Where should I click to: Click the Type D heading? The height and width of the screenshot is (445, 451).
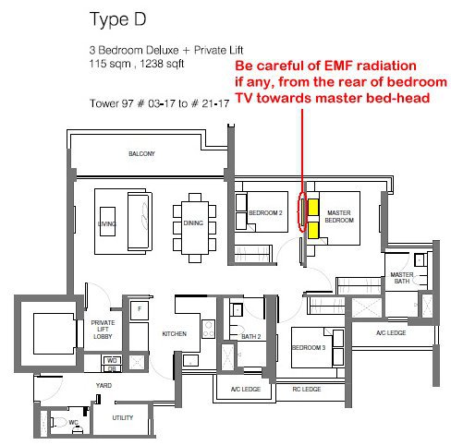point(117,19)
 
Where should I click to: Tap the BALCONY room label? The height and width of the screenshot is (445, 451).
point(141,153)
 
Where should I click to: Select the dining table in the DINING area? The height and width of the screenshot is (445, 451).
point(194,228)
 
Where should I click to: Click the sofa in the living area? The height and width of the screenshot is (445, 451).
point(140,222)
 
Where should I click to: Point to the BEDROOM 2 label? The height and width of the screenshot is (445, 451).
point(265,212)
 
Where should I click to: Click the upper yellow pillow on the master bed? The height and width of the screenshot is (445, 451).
point(313,207)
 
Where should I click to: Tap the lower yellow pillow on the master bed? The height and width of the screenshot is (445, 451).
point(313,230)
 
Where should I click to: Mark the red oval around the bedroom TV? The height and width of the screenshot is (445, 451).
point(302,211)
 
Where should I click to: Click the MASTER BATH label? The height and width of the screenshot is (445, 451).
point(402,278)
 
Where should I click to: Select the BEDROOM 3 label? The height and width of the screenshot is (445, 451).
point(309,347)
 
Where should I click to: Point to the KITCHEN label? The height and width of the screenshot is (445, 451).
point(175,333)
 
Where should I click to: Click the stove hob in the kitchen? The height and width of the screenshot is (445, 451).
point(208,329)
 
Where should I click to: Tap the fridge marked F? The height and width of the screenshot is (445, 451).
point(140,310)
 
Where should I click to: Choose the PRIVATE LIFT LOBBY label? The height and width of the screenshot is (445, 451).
point(103,330)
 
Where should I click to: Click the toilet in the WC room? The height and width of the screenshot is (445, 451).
point(59,422)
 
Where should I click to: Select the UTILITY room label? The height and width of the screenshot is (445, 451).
point(123,417)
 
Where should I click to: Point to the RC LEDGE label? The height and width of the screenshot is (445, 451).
point(307,390)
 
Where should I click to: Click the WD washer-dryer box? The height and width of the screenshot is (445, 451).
point(112,360)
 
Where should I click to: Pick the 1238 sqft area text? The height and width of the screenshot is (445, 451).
point(162,64)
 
